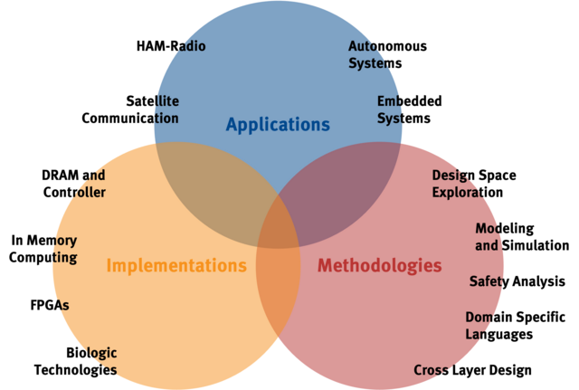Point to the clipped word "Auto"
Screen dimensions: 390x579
365,46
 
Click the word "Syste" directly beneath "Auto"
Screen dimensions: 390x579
369,63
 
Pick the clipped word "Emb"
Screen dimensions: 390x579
391,101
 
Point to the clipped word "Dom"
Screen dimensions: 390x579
479,318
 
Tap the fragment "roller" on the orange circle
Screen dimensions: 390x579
86,192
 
